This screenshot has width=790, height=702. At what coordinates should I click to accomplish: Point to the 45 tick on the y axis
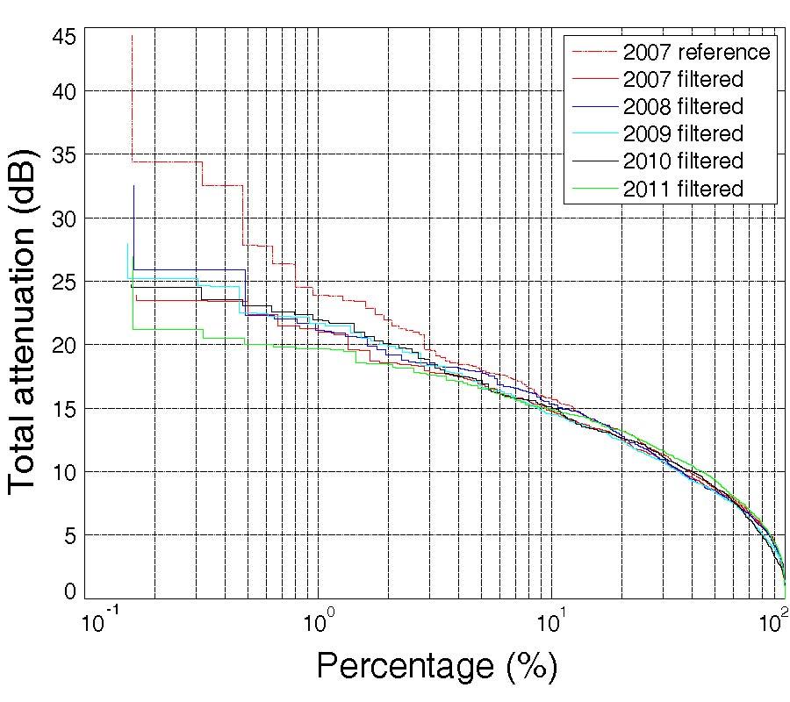point(67,37)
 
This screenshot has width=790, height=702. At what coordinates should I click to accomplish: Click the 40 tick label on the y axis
point(67,91)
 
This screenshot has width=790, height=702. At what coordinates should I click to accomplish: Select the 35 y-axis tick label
point(67,154)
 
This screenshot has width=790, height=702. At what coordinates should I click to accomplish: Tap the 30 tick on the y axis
point(67,218)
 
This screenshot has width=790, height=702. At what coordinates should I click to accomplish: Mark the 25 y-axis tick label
point(67,282)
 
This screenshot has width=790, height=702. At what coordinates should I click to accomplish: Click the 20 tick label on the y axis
point(67,345)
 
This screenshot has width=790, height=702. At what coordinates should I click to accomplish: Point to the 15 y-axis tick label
point(67,409)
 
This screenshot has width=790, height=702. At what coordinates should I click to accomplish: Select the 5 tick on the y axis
point(74,535)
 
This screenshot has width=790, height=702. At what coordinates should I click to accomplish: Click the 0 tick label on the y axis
point(74,592)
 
